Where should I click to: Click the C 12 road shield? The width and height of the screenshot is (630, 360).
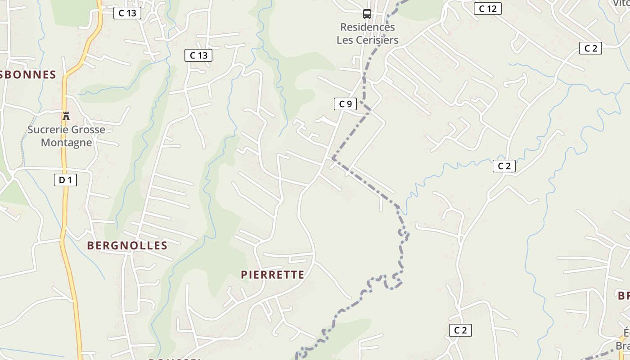(487, 9)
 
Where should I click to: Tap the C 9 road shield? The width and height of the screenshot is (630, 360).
(345, 104)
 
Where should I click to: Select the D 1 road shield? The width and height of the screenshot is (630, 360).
(65, 180)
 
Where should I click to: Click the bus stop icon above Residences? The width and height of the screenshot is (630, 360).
(367, 14)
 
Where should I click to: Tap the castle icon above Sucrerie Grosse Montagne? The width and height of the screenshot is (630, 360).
(66, 116)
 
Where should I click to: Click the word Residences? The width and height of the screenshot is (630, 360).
(367, 27)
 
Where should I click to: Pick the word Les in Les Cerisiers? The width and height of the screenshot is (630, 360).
(345, 40)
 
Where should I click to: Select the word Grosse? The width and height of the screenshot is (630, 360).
(87, 130)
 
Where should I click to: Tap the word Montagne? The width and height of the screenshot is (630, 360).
(66, 143)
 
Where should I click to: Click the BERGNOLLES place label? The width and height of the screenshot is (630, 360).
(127, 246)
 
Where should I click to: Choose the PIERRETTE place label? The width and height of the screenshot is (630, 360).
(272, 275)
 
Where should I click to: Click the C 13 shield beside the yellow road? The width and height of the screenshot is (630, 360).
(127, 13)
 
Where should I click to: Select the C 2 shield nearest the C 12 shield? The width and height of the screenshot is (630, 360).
(590, 49)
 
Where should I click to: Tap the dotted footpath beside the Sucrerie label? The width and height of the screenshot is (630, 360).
(22, 139)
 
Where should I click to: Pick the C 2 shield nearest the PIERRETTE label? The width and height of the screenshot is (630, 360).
(460, 330)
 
